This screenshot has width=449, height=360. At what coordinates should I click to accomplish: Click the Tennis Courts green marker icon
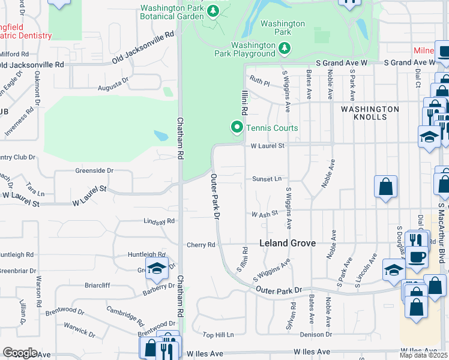tap(237, 127)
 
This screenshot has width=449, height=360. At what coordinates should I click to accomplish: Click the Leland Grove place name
tap(288, 244)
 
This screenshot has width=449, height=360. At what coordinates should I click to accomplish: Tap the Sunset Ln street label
tap(267, 179)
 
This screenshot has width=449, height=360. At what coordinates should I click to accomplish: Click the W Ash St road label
tap(265, 214)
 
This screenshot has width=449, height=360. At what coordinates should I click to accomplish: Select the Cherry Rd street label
tap(200, 245)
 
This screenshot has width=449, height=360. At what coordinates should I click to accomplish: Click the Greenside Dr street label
tap(94, 170)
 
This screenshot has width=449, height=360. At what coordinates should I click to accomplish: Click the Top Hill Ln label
tap(217, 335)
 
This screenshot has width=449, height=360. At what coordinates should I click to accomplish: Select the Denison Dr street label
tap(316, 334)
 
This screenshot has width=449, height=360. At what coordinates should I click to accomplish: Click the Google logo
tap(20, 353)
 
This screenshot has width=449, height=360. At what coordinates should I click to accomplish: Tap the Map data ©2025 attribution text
tap(424, 355)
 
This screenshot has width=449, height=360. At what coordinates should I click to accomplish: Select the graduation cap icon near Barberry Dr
tap(156, 269)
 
